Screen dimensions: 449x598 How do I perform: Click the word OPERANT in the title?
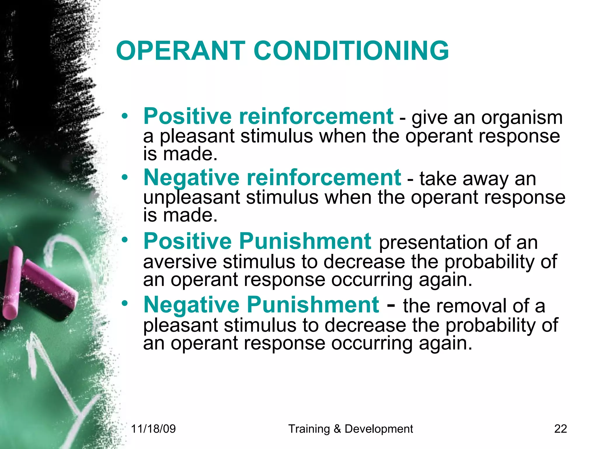click(x=180, y=51)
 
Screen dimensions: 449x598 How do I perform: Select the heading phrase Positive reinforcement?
click(x=268, y=116)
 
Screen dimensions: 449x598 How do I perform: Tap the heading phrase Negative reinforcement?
click(x=272, y=178)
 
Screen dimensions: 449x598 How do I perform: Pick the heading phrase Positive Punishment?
click(x=257, y=241)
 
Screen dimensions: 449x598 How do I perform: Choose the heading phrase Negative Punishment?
click(x=261, y=305)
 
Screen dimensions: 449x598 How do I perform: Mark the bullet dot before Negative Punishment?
click(x=125, y=304)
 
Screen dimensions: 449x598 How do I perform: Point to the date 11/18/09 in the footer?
click(x=153, y=429)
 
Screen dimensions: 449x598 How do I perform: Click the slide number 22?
click(x=560, y=429)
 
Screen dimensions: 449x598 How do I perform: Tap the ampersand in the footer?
click(x=337, y=429)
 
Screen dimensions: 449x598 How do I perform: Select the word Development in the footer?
click(x=379, y=429)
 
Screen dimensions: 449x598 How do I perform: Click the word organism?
click(x=522, y=118)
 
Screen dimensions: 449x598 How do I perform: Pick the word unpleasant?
click(x=192, y=198)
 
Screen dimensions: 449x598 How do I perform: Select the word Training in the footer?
click(x=309, y=429)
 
